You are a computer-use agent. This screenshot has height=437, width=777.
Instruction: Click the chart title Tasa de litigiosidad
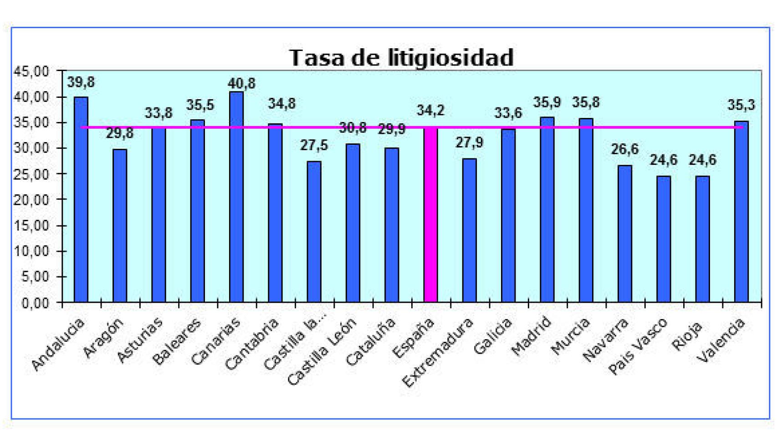pos(401,57)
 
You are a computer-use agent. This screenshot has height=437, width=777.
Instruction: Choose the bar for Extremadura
pos(470,230)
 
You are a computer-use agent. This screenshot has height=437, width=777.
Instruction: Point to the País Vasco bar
pos(664,239)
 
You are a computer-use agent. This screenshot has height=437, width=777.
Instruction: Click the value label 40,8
pos(242,84)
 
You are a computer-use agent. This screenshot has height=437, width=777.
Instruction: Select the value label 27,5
pos(314,146)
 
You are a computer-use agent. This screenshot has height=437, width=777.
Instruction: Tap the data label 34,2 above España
pos(430,111)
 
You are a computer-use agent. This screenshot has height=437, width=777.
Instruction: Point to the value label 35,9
pos(547,102)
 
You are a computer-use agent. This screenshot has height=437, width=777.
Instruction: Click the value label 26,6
pos(625,149)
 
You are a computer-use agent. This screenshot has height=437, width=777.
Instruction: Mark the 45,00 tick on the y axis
pos(32,71)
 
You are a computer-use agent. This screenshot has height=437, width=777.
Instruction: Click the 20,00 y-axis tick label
pos(32,200)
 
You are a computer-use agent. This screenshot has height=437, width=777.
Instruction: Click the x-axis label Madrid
pos(531,336)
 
